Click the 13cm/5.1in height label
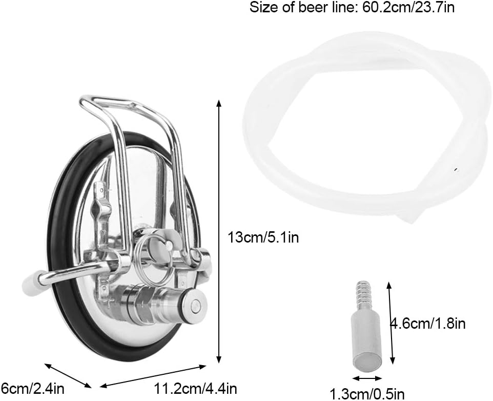tap(263, 237)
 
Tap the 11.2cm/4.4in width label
tap(195, 388)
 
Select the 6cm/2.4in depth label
tap(32, 388)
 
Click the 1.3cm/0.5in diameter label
tap(367, 393)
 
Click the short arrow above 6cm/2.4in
tap(68, 375)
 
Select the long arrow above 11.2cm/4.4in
tap(153, 376)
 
